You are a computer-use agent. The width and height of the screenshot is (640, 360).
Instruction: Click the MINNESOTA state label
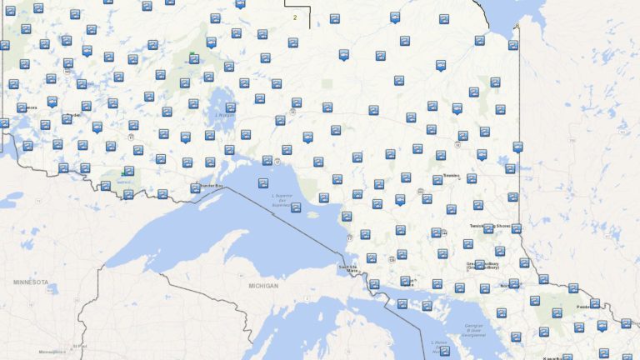click(x=31, y=282)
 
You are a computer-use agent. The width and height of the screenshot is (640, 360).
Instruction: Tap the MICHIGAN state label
click(x=263, y=286)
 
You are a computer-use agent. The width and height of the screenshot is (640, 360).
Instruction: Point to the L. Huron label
click(x=438, y=343)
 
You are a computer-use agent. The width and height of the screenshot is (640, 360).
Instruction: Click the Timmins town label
click(x=451, y=176)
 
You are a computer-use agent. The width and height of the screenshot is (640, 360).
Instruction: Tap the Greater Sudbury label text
click(x=482, y=266)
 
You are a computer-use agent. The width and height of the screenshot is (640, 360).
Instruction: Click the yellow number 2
click(x=294, y=17)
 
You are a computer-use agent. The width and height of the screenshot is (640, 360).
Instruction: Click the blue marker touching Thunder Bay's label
click(x=195, y=187)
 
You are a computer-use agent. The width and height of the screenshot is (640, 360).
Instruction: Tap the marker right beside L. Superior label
click(x=296, y=207)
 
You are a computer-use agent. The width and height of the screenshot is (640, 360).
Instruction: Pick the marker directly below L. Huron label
click(x=445, y=351)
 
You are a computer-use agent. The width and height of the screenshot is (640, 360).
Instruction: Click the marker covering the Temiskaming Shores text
click(x=489, y=227)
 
